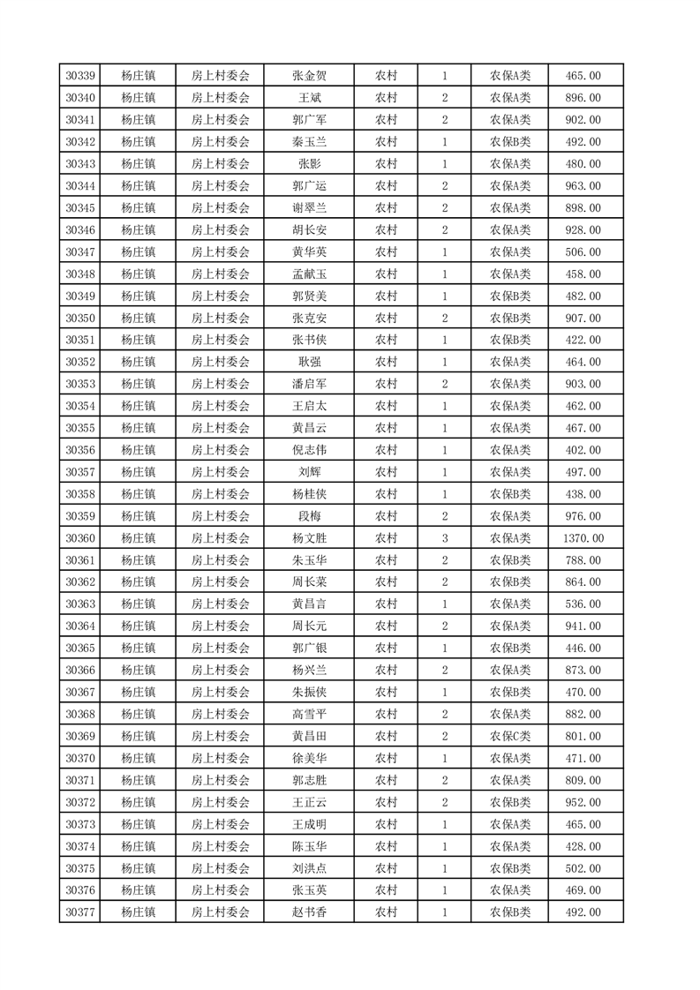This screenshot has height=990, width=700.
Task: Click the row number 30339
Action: (80, 76)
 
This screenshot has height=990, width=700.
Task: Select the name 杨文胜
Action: (309, 538)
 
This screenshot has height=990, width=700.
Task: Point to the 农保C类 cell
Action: (510, 736)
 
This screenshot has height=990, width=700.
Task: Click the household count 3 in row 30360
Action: (444, 538)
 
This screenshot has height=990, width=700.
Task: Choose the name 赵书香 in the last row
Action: (309, 912)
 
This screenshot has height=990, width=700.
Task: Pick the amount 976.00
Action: (583, 516)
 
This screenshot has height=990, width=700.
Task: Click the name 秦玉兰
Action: (309, 142)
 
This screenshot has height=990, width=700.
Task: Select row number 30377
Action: (80, 912)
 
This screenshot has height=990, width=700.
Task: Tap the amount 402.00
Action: (583, 450)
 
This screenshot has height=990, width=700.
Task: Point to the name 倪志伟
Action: (309, 450)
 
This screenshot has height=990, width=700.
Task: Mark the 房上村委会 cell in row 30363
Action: (221, 604)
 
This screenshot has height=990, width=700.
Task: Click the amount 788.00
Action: (583, 560)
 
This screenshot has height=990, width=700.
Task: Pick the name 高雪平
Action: (309, 714)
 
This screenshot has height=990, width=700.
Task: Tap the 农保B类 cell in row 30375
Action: (510, 868)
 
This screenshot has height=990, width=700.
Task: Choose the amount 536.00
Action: (583, 604)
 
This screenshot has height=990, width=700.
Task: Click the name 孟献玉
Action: (309, 274)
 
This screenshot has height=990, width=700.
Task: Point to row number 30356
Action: (80, 450)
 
